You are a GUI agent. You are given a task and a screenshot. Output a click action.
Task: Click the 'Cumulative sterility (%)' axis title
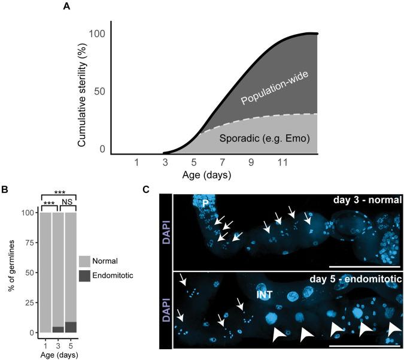tap(82, 90)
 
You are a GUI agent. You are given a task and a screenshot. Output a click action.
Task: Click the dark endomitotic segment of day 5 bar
tap(71, 327)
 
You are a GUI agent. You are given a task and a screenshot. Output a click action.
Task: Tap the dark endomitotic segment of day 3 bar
tap(57, 329)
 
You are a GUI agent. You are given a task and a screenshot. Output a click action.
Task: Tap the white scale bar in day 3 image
tap(363, 264)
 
